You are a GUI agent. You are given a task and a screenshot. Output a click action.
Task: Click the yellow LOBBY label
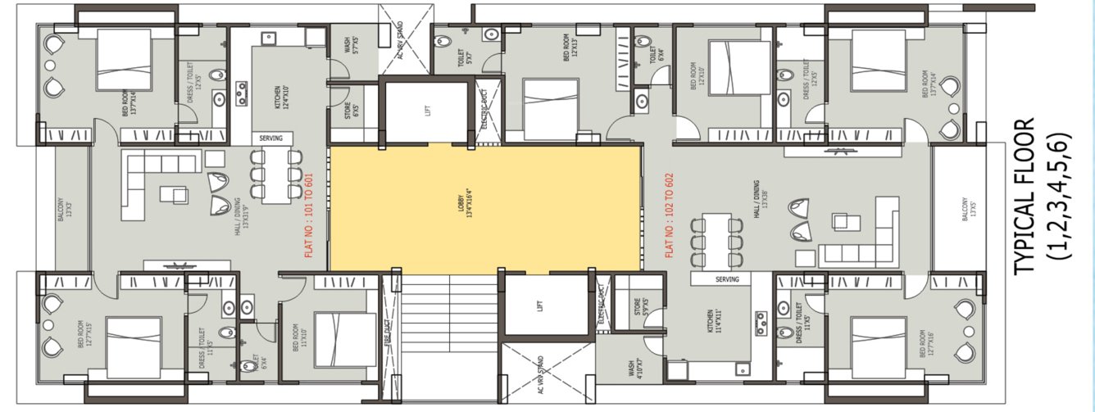tap(461, 208)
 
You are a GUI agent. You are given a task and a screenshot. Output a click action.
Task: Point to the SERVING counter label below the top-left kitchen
tap(270, 138)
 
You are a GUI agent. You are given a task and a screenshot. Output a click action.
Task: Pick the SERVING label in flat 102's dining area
tap(727, 279)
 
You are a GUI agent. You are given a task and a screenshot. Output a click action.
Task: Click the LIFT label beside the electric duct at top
tap(428, 110)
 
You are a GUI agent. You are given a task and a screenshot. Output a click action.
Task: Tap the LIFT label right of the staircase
tap(539, 306)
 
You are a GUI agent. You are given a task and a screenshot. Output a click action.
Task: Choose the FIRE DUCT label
tap(388, 333)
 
